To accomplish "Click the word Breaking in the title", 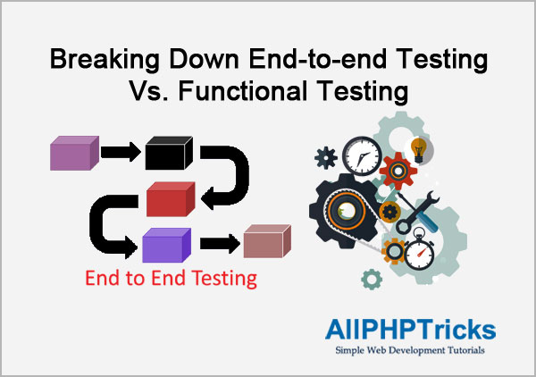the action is click(105, 60).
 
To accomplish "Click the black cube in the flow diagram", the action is click(169, 153).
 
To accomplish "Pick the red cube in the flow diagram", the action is click(171, 199).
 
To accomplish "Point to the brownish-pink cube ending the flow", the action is click(267, 241).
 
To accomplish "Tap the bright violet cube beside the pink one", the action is click(166, 245).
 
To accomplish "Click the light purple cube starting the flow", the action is click(74, 153).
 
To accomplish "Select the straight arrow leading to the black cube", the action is click(121, 152).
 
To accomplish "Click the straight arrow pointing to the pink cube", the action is click(220, 244).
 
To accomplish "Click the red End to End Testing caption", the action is click(171, 278).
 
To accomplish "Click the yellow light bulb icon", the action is click(419, 150).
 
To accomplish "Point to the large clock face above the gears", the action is click(363, 156).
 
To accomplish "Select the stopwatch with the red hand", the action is click(420, 250).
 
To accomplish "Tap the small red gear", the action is click(398, 171).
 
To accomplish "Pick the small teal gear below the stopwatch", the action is click(372, 280).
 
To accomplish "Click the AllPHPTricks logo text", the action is click(410, 330).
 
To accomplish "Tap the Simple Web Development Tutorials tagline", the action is click(410, 350).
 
